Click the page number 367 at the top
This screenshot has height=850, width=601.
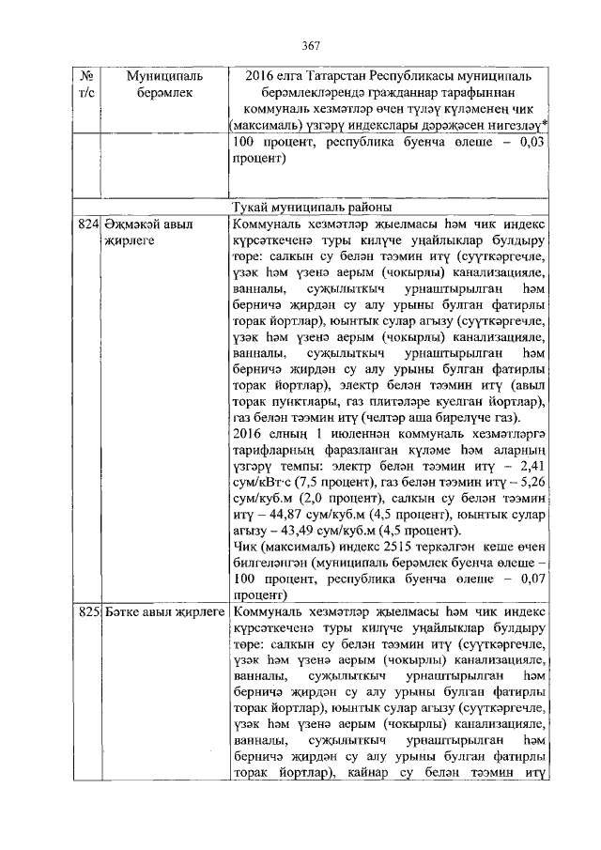(312, 46)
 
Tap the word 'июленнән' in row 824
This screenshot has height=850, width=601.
(334, 432)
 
